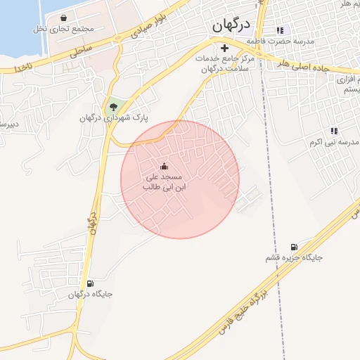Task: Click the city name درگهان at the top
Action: click(x=231, y=25)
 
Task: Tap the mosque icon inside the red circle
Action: click(x=164, y=166)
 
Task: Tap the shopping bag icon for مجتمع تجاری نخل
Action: click(x=64, y=18)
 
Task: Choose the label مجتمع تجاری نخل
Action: click(x=63, y=30)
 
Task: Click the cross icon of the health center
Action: click(x=224, y=49)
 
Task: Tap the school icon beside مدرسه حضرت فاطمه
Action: click(x=280, y=30)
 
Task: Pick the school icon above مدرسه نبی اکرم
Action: click(x=333, y=131)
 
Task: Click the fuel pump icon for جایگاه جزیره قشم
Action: click(x=293, y=247)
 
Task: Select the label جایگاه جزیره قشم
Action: click(x=293, y=258)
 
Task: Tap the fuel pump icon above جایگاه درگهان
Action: click(x=89, y=283)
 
